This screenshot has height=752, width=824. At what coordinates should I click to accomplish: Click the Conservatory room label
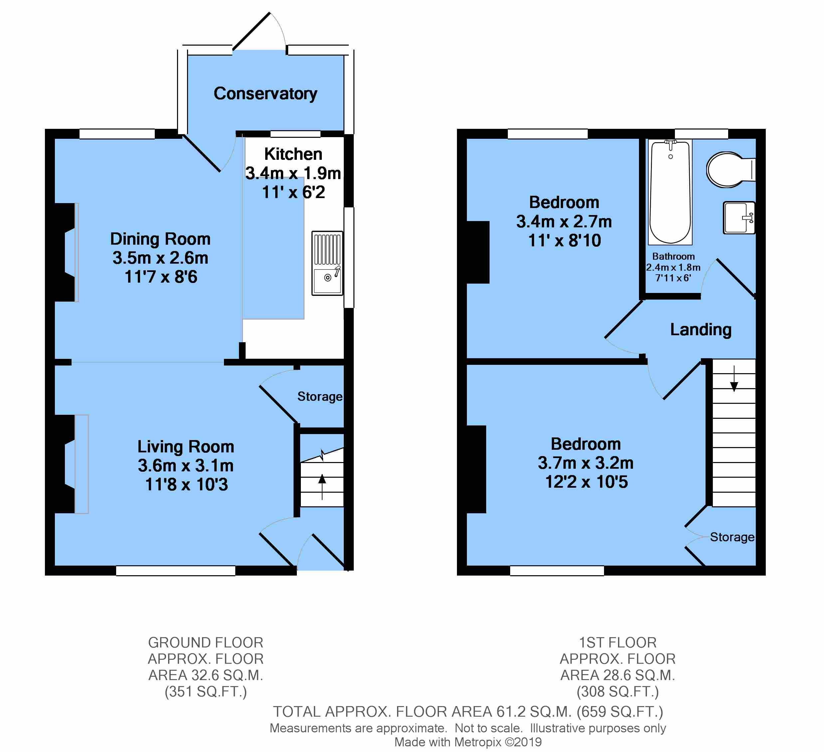(265, 94)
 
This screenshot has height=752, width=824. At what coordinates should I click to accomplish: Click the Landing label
(701, 330)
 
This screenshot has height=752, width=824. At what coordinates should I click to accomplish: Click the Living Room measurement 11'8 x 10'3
(186, 485)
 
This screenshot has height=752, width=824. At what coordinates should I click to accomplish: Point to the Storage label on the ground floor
(319, 397)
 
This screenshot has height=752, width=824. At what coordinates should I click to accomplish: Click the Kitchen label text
(293, 154)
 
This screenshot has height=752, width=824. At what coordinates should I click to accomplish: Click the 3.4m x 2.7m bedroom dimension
(564, 222)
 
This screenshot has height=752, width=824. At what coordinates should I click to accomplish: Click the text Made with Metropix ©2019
(468, 742)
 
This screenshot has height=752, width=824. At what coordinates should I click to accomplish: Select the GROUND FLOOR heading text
(206, 642)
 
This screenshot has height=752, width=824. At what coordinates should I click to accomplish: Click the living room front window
(175, 571)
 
